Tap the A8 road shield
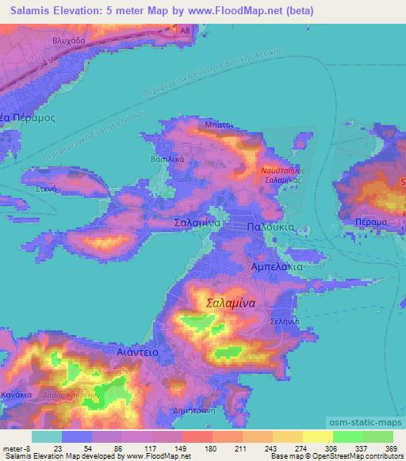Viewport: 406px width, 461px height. [x=185, y=30]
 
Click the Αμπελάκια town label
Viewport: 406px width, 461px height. [x=277, y=269]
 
